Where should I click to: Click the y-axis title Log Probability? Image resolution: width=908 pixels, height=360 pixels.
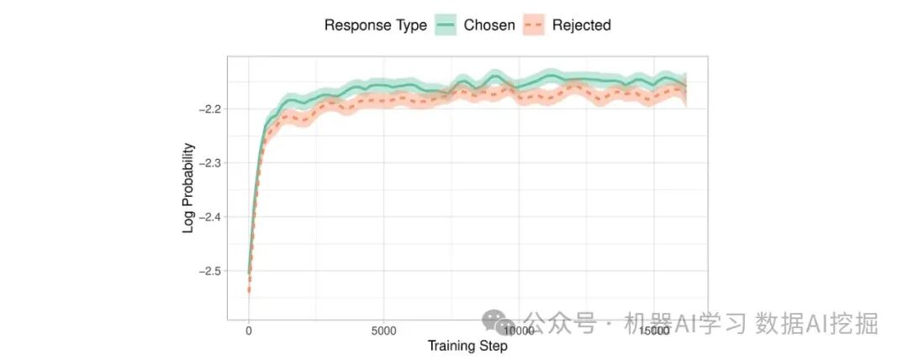coord(188,188)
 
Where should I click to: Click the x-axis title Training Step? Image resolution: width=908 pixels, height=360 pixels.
coord(467,346)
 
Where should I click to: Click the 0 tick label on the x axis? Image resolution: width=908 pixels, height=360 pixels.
coord(248,331)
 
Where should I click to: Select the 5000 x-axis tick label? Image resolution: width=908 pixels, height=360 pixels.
coord(383,331)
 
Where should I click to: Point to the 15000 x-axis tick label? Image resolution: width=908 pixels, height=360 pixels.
coord(654,331)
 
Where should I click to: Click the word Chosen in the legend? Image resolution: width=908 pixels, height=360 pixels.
coord(489,25)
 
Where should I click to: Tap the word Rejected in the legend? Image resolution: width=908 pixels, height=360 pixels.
coord(582,25)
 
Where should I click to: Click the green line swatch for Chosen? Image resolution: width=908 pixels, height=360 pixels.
coord(446,25)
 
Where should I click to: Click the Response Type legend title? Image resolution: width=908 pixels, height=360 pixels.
coord(376,25)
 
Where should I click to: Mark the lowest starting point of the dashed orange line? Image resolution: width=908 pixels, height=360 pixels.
coord(248,291)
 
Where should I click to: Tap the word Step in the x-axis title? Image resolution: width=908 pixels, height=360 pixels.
coord(493,346)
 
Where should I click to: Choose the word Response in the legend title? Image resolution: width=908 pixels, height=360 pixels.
coord(357,25)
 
